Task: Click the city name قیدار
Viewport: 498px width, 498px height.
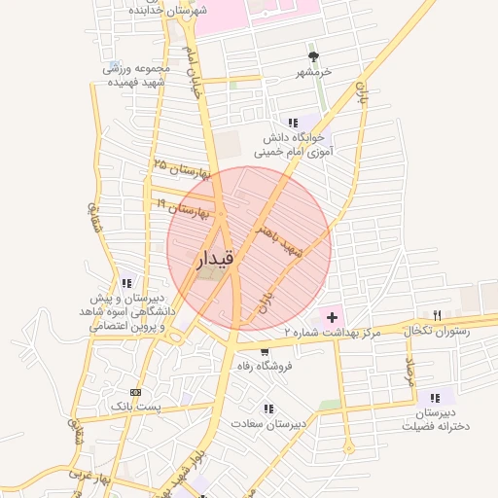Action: click(215, 260)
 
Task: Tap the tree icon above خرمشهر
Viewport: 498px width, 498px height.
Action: click(313, 57)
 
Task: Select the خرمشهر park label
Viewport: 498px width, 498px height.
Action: click(314, 73)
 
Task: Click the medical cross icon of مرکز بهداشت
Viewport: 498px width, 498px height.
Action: click(333, 317)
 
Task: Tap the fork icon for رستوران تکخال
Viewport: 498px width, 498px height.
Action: click(437, 315)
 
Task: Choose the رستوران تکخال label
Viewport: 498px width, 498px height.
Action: click(436, 331)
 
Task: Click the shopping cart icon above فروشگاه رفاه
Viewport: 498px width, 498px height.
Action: click(264, 351)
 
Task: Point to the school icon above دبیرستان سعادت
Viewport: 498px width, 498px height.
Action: click(267, 409)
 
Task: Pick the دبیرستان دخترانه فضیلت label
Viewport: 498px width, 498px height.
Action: click(435, 420)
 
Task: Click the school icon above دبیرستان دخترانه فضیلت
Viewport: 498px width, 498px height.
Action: click(435, 397)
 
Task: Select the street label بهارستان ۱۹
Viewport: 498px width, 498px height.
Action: click(179, 206)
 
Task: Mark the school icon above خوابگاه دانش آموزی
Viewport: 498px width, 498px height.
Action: click(293, 123)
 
